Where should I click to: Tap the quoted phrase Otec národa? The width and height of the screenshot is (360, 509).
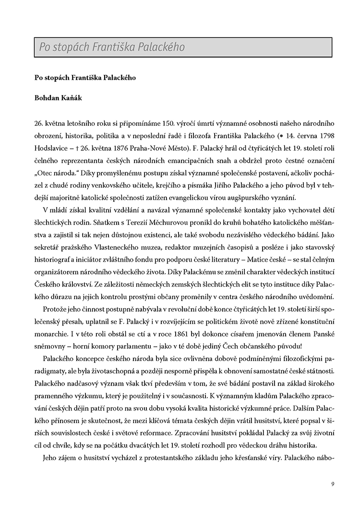(x=53, y=170)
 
